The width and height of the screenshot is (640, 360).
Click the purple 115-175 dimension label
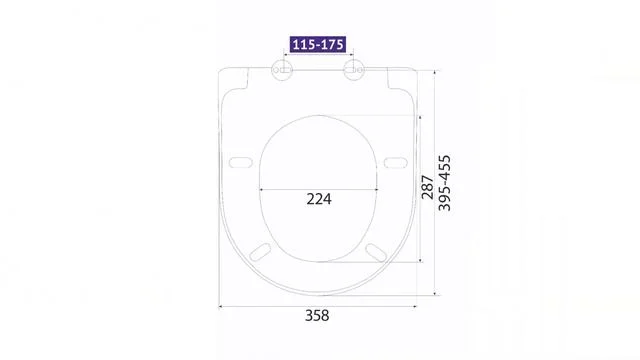[x=319, y=45]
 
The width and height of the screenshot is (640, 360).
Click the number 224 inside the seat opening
[x=318, y=198]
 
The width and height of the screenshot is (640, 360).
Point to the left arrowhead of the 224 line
[x=262, y=188]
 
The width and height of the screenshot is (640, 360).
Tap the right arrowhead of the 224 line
[x=376, y=188]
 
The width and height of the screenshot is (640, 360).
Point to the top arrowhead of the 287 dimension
[x=420, y=117]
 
